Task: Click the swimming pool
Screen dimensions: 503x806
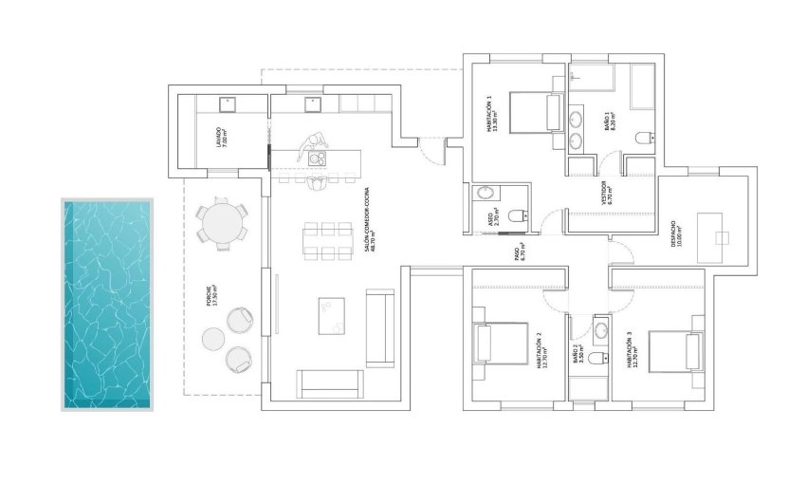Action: point(107,304)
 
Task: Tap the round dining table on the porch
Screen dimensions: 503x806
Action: point(222,224)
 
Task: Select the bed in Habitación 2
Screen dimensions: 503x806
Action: point(501,344)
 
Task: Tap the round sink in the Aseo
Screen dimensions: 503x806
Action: point(485,193)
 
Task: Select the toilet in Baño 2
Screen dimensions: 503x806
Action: point(595,359)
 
